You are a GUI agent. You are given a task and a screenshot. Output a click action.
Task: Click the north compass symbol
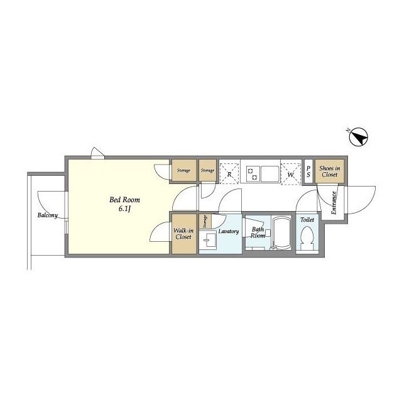click(x=359, y=137)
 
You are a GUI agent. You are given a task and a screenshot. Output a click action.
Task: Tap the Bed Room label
click(x=124, y=200)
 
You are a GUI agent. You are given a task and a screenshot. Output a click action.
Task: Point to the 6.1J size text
click(x=125, y=209)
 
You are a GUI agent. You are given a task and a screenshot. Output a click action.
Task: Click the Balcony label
click(x=48, y=215)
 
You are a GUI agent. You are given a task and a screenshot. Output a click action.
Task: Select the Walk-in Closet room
click(x=183, y=234)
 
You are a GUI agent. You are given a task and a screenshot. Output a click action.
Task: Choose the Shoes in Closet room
click(x=329, y=171)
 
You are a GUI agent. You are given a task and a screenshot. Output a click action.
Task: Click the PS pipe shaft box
click(x=308, y=171)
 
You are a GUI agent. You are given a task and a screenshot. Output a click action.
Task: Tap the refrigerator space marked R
click(x=229, y=171)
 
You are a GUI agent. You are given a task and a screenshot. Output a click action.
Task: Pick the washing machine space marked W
click(x=291, y=171)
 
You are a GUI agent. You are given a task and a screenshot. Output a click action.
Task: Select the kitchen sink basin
click(x=269, y=174)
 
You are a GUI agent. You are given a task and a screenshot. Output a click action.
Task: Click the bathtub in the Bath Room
click(x=281, y=233)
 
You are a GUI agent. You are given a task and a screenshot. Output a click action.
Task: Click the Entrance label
click(x=334, y=203)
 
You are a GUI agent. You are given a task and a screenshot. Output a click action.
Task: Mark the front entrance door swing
click(x=360, y=200)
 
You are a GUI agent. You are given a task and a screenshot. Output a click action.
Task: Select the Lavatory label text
click(x=229, y=231)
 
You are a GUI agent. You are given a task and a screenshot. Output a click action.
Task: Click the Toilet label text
click(x=307, y=220)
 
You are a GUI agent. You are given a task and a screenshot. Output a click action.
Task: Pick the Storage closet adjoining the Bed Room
click(x=183, y=170)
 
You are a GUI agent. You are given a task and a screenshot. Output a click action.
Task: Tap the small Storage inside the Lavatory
click(x=205, y=222)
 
